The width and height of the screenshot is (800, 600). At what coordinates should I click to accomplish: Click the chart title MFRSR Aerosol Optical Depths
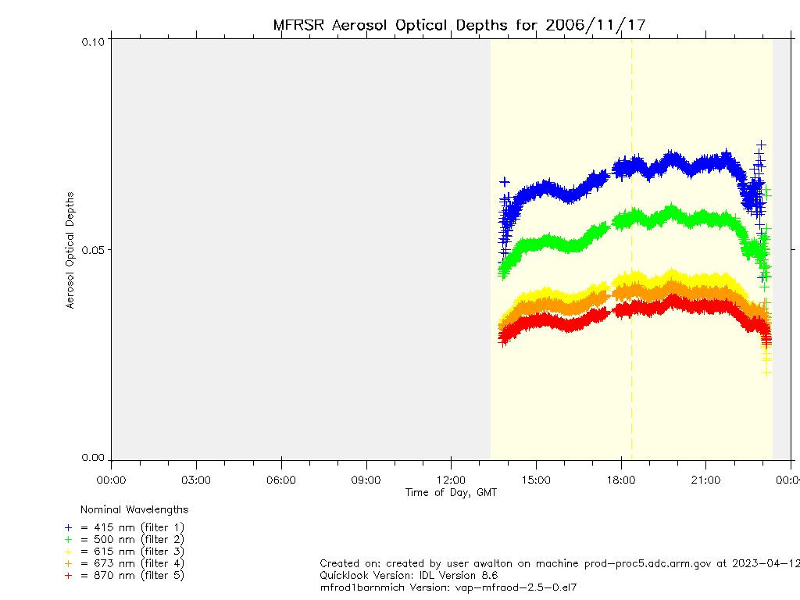pos(391,25)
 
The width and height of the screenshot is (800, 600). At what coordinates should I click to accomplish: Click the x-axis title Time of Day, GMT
pos(451,492)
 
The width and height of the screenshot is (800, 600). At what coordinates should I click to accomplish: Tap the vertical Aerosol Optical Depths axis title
pos(70,250)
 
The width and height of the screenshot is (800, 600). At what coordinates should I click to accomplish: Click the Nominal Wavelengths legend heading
pos(134,509)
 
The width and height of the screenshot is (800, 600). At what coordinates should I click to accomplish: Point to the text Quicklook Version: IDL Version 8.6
pos(409,575)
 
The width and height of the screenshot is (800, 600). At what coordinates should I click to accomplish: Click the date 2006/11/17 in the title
pos(595,25)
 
